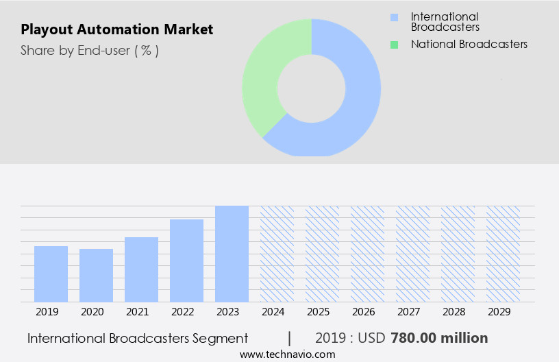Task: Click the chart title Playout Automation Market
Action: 116,29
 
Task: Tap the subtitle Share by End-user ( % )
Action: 89,50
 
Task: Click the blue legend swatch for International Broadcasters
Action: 393,17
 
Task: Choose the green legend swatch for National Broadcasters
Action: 393,45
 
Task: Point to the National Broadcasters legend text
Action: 469,44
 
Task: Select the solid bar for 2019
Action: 51,274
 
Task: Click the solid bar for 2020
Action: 96,275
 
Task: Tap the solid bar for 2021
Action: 141,269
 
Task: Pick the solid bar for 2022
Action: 186,261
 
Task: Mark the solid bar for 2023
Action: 232,254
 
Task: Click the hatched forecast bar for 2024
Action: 277,254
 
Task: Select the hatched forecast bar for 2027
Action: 412,254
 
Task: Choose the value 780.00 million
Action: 439,338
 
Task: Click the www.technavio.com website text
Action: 287,354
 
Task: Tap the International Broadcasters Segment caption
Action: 137,338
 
